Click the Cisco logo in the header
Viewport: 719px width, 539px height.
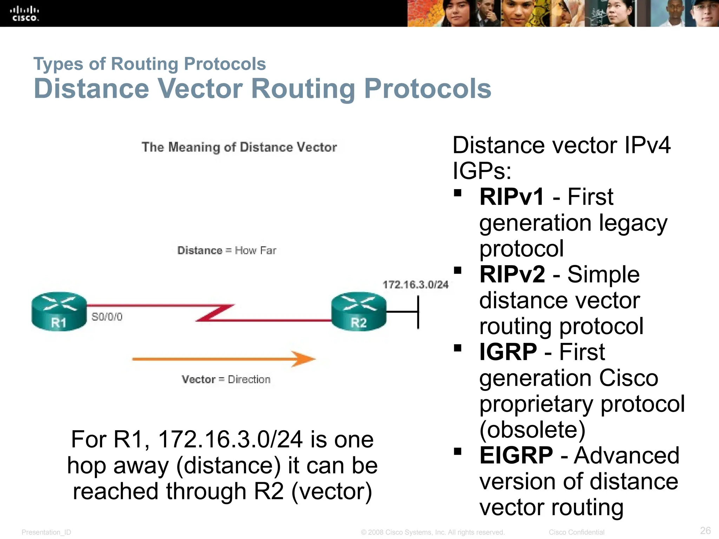24,14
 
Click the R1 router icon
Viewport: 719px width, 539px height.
59,311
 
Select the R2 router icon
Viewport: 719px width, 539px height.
358,311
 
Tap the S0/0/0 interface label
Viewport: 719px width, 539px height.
107,317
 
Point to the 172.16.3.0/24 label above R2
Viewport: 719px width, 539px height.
415,285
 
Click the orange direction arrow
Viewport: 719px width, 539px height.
224,359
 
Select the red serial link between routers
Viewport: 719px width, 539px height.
211,313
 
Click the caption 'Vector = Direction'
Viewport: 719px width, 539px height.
226,379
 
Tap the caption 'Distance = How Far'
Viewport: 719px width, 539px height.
227,250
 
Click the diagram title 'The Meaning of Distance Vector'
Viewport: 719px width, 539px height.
239,147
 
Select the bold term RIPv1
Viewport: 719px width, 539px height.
512,197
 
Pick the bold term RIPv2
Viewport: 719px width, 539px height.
512,274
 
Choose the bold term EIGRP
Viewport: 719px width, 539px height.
516,455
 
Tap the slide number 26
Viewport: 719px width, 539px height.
705,530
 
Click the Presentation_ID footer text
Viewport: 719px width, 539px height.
46,532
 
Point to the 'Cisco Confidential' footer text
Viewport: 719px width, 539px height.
576,532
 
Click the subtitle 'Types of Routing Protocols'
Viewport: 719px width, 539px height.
150,64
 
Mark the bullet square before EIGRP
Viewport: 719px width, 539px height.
457,451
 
